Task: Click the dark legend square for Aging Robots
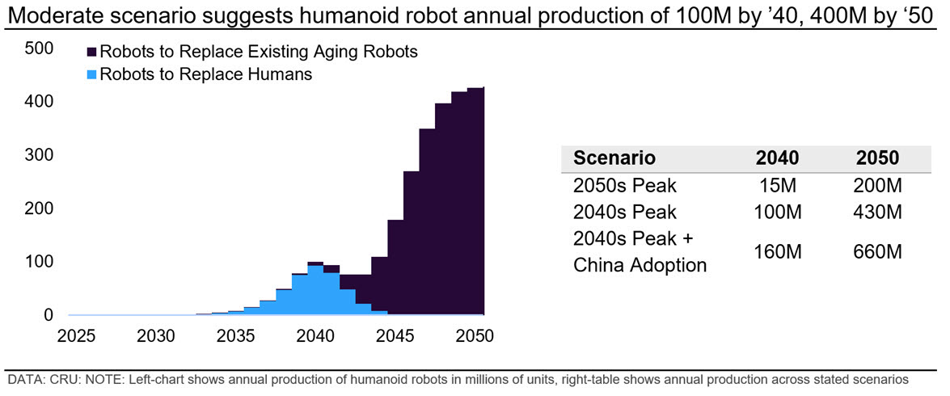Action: click(92, 52)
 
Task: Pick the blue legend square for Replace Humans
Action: click(92, 74)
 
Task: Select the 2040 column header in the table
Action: click(777, 158)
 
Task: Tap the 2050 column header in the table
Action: click(877, 158)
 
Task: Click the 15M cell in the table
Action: click(778, 185)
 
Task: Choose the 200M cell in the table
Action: click(877, 185)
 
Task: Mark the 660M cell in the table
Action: click(877, 251)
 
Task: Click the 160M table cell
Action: click(777, 251)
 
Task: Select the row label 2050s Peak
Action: click(624, 185)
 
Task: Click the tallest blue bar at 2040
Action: click(315, 291)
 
